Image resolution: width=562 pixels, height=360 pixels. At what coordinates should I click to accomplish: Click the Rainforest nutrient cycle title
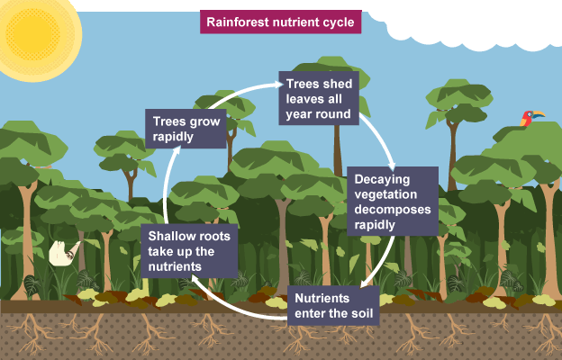[x=281, y=21]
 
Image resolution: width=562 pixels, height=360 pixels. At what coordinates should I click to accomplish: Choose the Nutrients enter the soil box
[x=332, y=306]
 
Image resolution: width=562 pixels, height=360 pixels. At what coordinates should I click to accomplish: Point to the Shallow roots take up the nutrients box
[x=189, y=251]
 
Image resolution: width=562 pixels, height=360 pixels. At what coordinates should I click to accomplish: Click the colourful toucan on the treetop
[x=528, y=118]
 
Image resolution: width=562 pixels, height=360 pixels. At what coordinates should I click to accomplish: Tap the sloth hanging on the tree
[x=61, y=254]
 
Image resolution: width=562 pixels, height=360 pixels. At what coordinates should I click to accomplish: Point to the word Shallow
[x=174, y=236]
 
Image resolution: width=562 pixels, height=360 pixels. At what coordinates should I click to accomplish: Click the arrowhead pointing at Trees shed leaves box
[x=274, y=87]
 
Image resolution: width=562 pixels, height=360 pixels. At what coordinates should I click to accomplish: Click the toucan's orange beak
[x=539, y=114]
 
